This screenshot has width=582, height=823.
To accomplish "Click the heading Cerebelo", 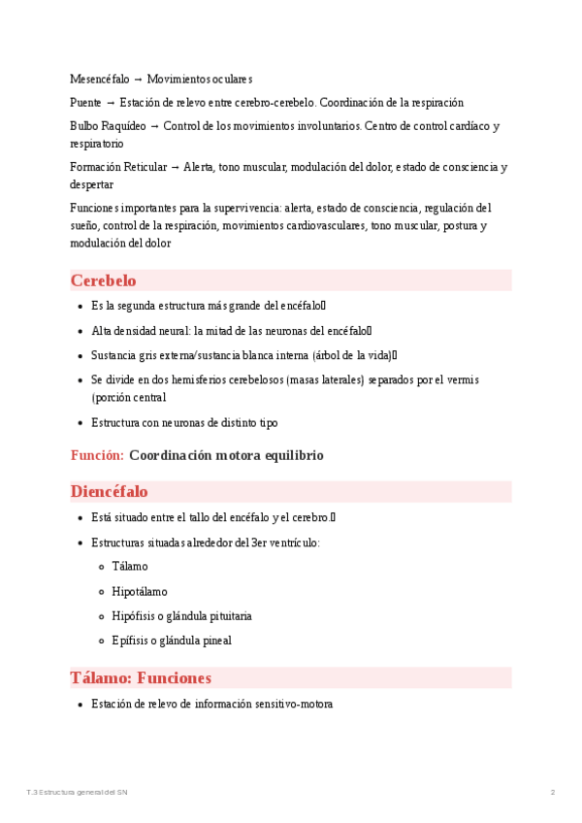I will click(103, 280).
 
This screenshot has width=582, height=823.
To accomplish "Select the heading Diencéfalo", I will click(109, 491).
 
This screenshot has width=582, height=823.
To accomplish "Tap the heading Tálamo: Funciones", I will click(141, 677).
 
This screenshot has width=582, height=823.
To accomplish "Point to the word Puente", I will click(85, 102).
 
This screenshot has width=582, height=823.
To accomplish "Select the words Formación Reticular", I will click(119, 167).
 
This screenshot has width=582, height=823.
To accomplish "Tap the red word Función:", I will click(97, 455).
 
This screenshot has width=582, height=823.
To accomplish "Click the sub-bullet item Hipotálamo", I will click(140, 591).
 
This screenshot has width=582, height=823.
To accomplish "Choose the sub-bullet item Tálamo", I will click(130, 566).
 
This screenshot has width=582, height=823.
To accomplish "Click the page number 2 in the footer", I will click(553, 793).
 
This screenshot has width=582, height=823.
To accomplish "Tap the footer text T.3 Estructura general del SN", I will click(77, 793).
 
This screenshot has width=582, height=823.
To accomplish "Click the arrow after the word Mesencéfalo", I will click(139, 78).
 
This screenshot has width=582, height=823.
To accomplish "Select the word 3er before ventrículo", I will click(261, 542).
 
